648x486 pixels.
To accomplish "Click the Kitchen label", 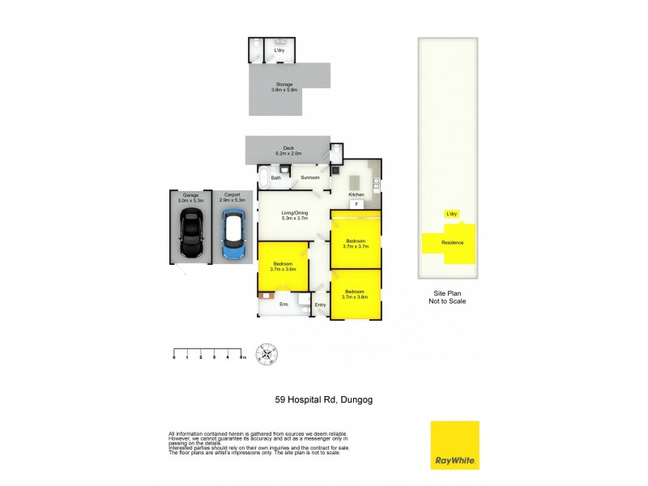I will coord(356,195).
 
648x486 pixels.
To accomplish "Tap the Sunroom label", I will coord(310,177).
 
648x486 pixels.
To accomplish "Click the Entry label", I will coord(321,305).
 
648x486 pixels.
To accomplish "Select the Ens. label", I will coord(284,305).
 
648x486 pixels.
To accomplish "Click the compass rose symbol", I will coord(266,353).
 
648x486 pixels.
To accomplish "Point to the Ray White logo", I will coord(454,445).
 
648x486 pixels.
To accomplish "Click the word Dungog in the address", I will coord(356,399).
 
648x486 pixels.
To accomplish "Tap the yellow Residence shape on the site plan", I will coord(451,244).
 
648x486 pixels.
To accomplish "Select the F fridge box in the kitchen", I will coord(356,204).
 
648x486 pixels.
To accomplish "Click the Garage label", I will coord(191,195).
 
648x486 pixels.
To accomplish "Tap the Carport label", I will coord(232,195).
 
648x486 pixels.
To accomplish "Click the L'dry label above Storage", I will coord(279,51).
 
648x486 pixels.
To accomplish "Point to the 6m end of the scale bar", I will coord(242,356).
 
